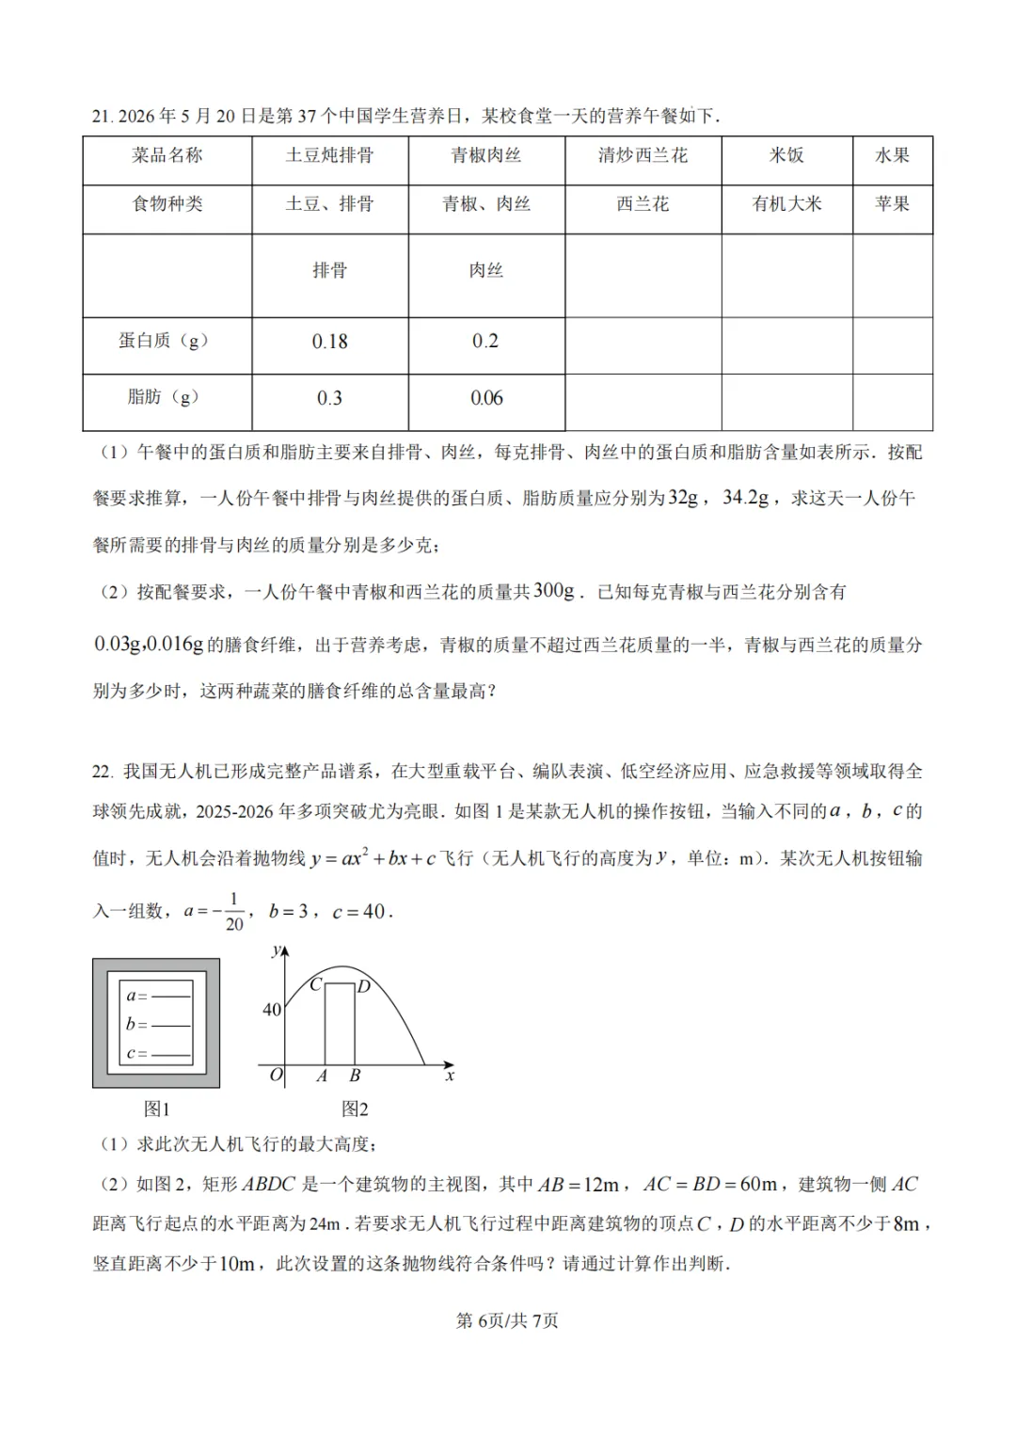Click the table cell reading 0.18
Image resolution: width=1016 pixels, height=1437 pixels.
[329, 342]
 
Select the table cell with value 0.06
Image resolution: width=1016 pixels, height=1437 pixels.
[486, 398]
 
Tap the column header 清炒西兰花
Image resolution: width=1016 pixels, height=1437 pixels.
[643, 156]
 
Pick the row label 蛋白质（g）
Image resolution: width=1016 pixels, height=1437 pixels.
[164, 341]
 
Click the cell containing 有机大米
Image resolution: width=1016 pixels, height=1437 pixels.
[786, 204]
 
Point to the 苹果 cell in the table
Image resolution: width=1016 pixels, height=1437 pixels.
[892, 204]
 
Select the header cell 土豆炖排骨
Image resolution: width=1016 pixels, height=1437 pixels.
[329, 156]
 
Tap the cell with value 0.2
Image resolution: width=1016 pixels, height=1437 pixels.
[485, 341]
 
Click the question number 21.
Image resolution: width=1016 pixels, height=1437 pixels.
[102, 117]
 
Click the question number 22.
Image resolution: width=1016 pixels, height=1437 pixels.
[102, 772]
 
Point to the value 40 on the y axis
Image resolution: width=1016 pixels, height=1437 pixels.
[271, 1010]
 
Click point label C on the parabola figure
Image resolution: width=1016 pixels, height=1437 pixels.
[316, 984]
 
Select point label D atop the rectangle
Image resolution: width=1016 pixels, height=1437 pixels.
[363, 986]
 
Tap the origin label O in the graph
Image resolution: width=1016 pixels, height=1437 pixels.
[276, 1075]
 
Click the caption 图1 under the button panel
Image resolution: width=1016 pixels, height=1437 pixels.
[156, 1110]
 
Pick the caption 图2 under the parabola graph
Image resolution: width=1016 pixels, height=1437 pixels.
[355, 1110]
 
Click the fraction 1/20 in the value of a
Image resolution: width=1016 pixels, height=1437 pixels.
[233, 911]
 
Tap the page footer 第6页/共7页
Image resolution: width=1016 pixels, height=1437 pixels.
[507, 1321]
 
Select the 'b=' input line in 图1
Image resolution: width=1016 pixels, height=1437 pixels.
[158, 1025]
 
